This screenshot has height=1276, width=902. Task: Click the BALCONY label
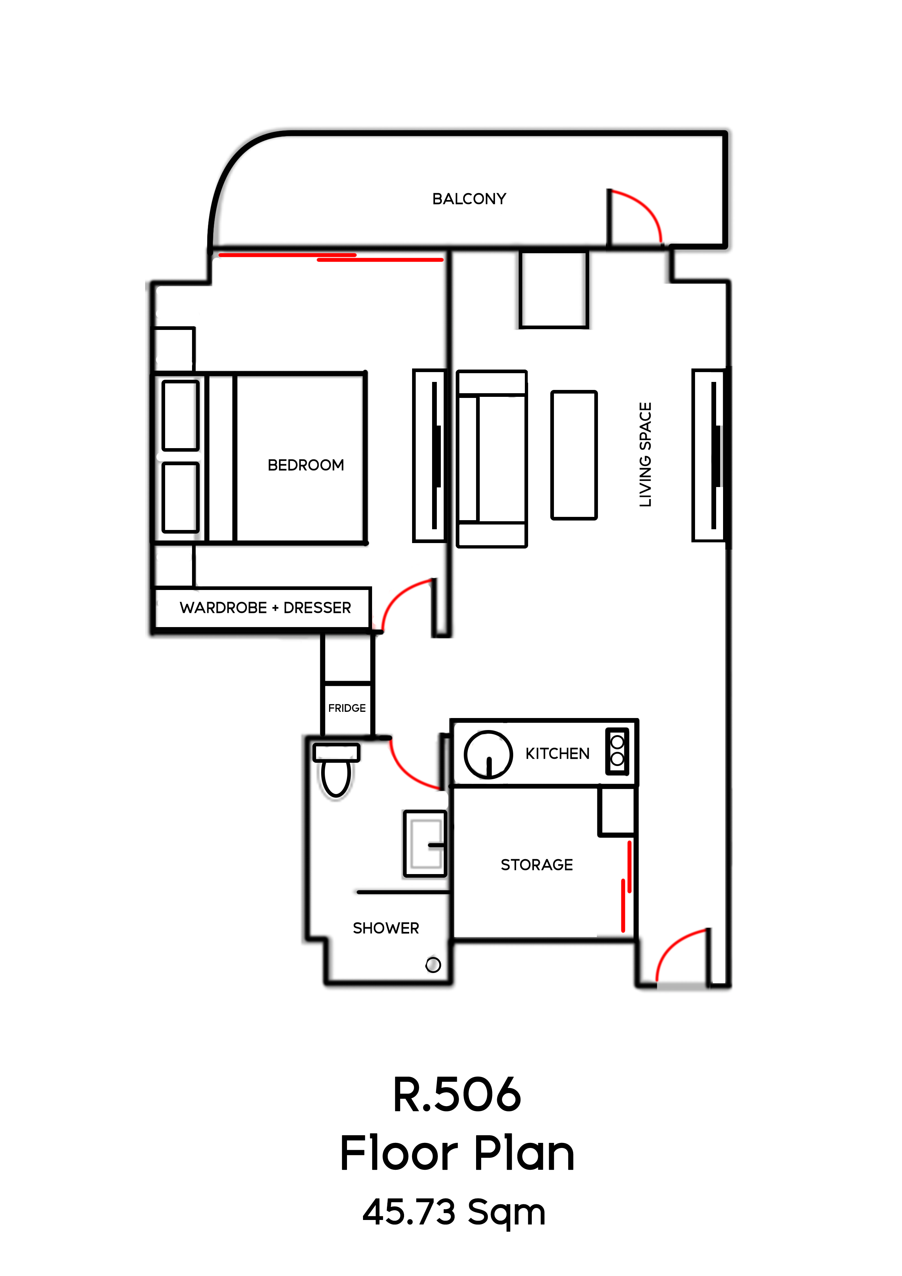click(469, 199)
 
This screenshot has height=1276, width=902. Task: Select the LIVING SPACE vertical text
click(645, 455)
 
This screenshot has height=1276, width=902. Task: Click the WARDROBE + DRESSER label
click(265, 608)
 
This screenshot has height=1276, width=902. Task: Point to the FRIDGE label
click(347, 708)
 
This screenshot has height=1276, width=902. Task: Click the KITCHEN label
click(558, 754)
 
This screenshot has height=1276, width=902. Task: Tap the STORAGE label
click(536, 865)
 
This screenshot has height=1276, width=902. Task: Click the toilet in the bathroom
click(336, 770)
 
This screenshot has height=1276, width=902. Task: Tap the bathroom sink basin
click(425, 844)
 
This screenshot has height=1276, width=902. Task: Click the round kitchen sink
click(488, 754)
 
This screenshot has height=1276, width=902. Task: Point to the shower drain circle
click(433, 965)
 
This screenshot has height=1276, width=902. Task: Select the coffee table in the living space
click(574, 455)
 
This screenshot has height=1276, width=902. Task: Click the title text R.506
click(457, 1095)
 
